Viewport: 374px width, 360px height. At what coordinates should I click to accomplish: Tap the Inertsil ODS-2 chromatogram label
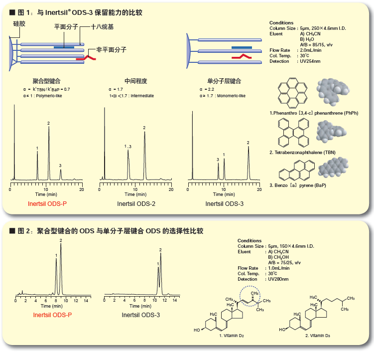tap(135, 204)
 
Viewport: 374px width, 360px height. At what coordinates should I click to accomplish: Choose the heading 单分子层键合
tap(224, 80)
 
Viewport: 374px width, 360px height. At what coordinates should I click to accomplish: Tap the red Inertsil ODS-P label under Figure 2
tap(52, 315)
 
